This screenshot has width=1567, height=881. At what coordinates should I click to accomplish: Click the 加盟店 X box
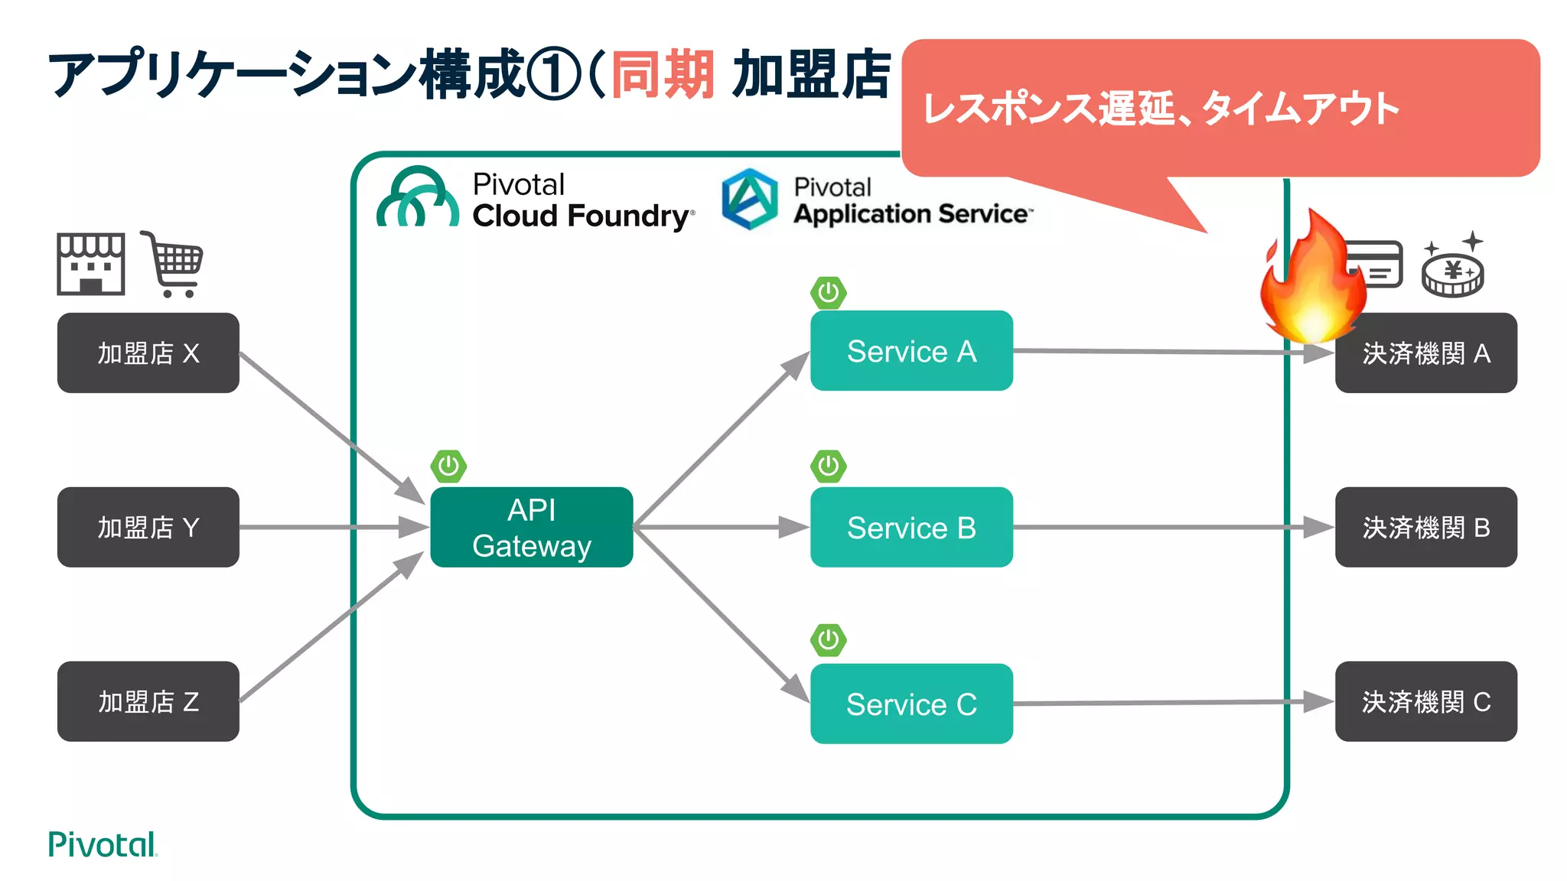click(148, 353)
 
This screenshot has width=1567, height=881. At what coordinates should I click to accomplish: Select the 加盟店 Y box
click(148, 527)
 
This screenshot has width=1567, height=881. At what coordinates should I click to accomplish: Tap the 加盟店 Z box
click(148, 701)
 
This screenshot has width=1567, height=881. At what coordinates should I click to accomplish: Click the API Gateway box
click(531, 527)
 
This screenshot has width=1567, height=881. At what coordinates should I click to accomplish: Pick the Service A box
click(911, 351)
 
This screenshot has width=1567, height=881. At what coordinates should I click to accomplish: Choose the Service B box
click(911, 527)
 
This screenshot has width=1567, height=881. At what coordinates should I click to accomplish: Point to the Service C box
click(911, 704)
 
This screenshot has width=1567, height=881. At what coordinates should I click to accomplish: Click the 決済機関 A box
click(1425, 353)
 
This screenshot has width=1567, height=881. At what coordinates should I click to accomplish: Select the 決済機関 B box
click(1425, 527)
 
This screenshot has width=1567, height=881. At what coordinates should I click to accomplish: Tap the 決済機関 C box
click(1425, 701)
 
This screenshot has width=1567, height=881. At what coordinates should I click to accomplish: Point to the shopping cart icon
click(174, 265)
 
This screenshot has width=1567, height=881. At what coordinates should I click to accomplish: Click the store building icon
click(90, 264)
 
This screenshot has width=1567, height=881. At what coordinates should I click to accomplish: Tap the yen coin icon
click(1452, 271)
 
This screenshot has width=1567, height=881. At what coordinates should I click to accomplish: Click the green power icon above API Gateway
click(448, 466)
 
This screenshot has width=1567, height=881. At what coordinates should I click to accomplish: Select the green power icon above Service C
click(828, 639)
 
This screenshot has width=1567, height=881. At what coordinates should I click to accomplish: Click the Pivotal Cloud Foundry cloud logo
click(419, 199)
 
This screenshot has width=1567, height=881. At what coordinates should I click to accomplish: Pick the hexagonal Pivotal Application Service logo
click(750, 199)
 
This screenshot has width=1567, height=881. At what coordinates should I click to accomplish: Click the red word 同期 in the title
click(663, 75)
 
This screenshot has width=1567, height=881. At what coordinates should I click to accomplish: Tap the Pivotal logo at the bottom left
click(102, 844)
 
